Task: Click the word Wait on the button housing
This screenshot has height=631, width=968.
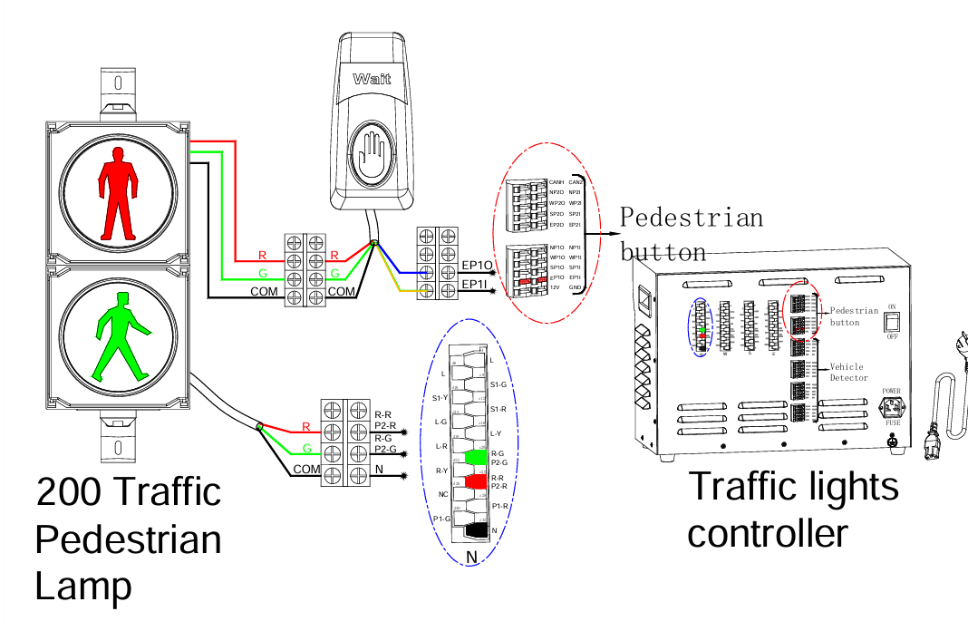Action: click(372, 80)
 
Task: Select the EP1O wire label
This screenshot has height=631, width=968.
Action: click(477, 265)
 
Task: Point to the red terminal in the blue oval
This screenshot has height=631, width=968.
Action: click(475, 484)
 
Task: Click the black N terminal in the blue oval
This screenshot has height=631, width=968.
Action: click(475, 532)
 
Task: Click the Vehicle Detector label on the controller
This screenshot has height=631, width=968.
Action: click(848, 372)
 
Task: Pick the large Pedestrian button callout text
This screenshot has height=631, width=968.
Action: click(691, 234)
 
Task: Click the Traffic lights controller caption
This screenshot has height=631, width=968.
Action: click(793, 509)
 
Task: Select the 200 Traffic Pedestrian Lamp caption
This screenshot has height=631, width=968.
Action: click(128, 539)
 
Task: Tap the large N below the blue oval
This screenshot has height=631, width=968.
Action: click(471, 557)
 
